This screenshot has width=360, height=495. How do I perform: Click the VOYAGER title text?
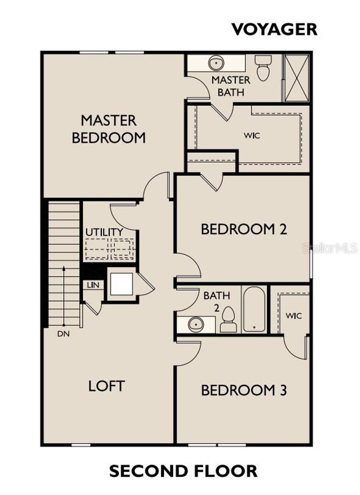[274, 29]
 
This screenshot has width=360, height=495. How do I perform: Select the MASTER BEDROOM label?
[109, 129]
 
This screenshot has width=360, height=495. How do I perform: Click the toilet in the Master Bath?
[263, 68]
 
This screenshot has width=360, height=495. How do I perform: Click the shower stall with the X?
[296, 78]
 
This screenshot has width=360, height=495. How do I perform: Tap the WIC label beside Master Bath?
[252, 135]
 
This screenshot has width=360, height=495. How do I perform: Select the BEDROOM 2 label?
[244, 229]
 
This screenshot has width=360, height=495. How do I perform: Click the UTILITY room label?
[104, 233]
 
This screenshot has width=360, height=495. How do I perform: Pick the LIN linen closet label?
[93, 285]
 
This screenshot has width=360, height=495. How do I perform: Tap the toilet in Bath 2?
[229, 319]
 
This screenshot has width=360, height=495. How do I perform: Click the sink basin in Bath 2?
[196, 324]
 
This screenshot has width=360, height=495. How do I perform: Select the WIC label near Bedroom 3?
[294, 316]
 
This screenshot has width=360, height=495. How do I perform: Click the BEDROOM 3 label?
[244, 390]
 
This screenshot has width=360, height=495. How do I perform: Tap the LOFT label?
[106, 386]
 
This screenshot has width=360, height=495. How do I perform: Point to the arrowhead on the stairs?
[64, 268]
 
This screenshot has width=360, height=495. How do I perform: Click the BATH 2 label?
[217, 301]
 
